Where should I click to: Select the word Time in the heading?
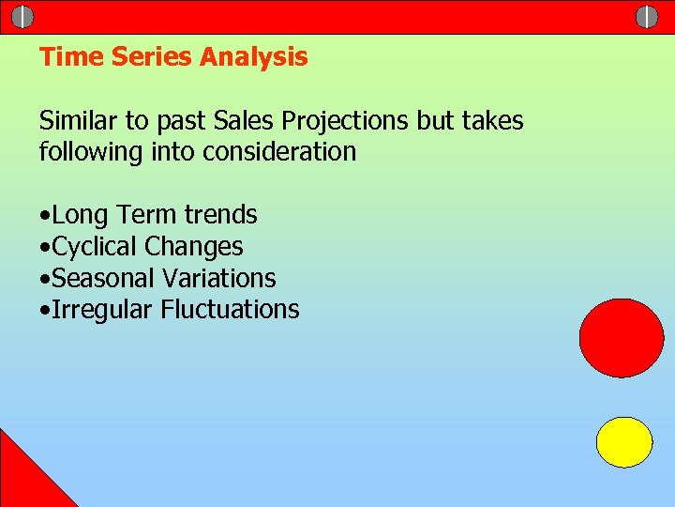click(71, 57)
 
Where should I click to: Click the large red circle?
click(622, 338)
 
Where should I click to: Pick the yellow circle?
click(624, 442)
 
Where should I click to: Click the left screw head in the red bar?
click(22, 17)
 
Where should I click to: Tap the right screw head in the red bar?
click(647, 17)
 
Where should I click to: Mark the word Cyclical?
click(96, 247)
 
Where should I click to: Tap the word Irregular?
click(102, 310)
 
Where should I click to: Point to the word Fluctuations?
click(230, 310)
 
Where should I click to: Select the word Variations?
click(219, 279)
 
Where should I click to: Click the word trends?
click(220, 215)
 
